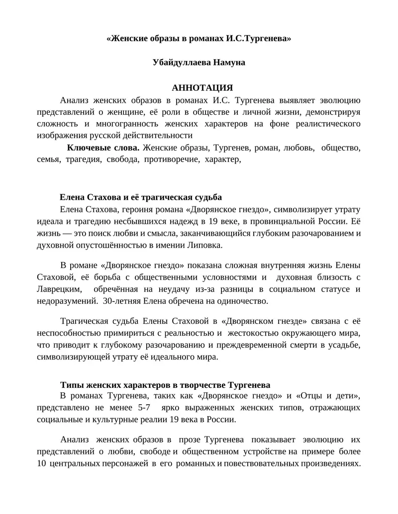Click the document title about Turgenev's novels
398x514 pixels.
tap(199, 38)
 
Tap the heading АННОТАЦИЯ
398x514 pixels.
tap(199, 87)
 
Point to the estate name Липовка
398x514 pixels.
tap(205, 245)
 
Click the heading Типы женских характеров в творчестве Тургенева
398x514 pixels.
tap(165, 384)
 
